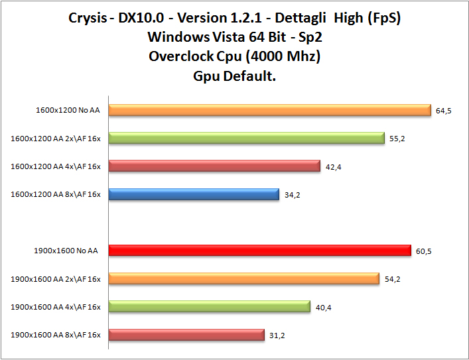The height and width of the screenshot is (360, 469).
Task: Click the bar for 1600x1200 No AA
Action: click(x=270, y=110)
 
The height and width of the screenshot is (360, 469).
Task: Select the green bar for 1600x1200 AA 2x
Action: click(x=246, y=138)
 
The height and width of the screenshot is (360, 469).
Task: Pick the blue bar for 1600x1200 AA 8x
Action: click(x=194, y=194)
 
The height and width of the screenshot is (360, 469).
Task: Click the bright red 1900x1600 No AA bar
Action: click(x=259, y=250)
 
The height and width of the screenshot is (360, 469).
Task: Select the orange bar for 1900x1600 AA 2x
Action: click(x=243, y=278)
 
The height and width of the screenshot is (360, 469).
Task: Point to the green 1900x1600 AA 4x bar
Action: click(x=209, y=306)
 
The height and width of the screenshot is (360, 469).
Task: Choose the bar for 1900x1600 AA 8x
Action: click(x=186, y=335)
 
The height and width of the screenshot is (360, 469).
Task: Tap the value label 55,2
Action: click(x=397, y=139)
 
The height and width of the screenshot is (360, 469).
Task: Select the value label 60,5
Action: click(x=423, y=251)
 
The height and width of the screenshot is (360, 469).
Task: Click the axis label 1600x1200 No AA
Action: click(x=68, y=111)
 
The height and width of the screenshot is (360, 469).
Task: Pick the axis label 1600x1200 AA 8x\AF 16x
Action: click(x=56, y=195)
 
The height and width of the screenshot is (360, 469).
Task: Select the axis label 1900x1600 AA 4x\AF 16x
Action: click(x=56, y=307)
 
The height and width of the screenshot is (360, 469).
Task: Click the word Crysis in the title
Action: click(x=87, y=17)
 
